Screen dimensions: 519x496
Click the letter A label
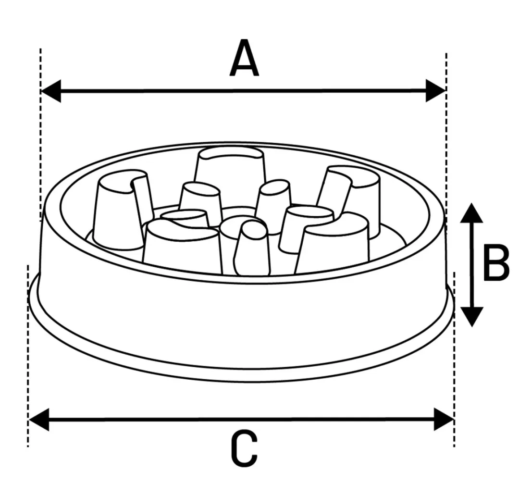(x=244, y=58)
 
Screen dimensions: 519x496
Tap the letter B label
(x=496, y=263)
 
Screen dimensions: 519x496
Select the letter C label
(x=244, y=448)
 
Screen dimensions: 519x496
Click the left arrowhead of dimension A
(x=50, y=91)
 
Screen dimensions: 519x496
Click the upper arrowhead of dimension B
(x=471, y=213)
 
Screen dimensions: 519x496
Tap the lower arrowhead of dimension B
(x=471, y=317)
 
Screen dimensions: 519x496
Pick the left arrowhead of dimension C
(x=39, y=420)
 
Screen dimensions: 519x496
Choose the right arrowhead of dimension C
(x=444, y=420)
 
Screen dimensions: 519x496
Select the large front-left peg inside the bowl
(x=182, y=247)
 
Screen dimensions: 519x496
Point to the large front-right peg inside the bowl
(x=332, y=243)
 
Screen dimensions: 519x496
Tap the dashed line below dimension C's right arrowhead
(x=454, y=359)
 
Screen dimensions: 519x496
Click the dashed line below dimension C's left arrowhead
(x=28, y=356)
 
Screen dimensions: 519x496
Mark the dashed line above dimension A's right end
(x=446, y=139)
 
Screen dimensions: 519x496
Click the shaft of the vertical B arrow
(x=471, y=265)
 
